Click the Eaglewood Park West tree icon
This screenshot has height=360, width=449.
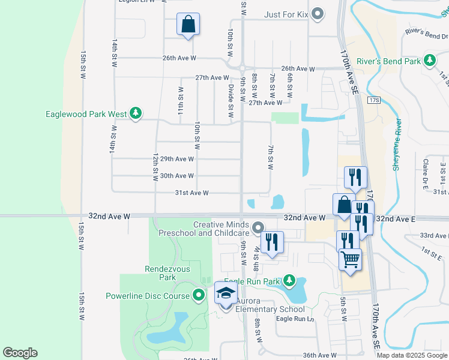click(x=136, y=113)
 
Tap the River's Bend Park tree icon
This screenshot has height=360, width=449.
click(x=429, y=60)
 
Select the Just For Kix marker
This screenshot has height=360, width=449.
click(x=318, y=13)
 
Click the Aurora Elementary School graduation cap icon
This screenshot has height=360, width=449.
click(x=226, y=294)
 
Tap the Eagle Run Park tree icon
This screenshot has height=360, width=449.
click(x=289, y=280)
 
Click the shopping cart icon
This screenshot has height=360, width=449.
click(x=351, y=260)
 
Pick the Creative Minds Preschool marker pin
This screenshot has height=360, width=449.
click(x=258, y=227)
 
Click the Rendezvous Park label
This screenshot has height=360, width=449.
click(x=160, y=273)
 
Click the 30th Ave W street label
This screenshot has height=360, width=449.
click(x=177, y=176)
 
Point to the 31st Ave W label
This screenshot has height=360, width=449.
click(x=191, y=193)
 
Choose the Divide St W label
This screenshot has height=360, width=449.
click(x=231, y=101)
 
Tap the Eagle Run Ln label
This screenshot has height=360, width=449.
click(x=295, y=319)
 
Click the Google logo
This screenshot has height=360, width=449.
click(x=20, y=353)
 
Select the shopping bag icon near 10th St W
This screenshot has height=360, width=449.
click(x=188, y=25)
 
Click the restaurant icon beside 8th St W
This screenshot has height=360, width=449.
click(x=272, y=242)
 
